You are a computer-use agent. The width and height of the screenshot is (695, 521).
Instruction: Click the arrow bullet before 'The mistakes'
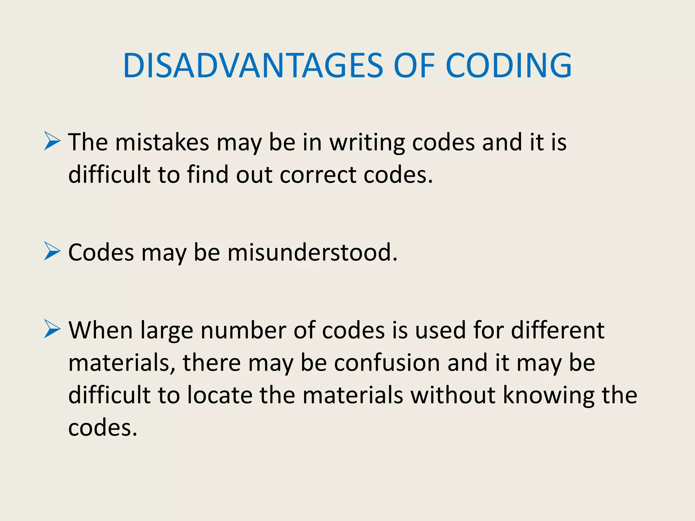52,141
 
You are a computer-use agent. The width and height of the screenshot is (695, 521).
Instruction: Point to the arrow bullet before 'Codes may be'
52,252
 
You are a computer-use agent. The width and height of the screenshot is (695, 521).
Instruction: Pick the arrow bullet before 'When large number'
52,330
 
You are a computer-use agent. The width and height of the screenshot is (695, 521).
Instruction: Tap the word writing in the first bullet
367,142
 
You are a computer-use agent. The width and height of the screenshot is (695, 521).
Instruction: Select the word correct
318,175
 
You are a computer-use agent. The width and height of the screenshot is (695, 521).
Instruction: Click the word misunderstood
312,252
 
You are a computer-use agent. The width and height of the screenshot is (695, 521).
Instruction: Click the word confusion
387,363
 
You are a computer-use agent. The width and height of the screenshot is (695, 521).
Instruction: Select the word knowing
548,395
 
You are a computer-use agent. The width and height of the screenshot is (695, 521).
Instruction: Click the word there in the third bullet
212,363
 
